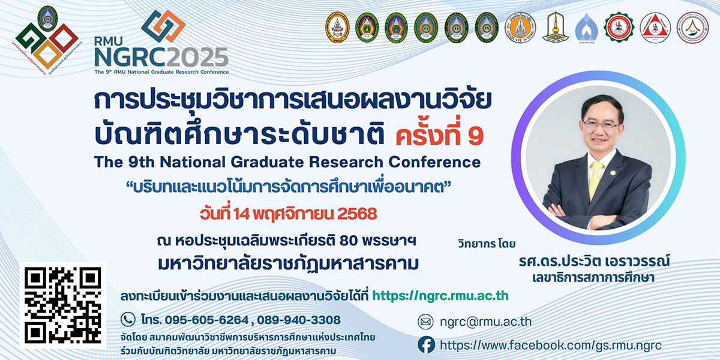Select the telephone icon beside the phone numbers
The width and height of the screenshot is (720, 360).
click(x=128, y=319)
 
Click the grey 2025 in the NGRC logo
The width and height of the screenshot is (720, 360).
click(x=197, y=59)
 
